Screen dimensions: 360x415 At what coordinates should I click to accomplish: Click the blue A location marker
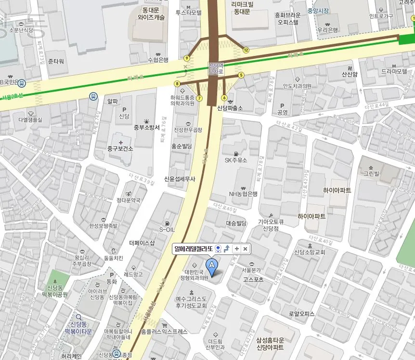pos(211,265)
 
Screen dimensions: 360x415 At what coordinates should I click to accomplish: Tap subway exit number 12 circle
pos(246,50)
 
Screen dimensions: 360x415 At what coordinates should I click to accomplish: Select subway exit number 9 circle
pos(186,58)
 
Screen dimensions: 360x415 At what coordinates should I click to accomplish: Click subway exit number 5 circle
pos(241,75)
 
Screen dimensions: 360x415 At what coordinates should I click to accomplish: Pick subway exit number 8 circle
pos(177,84)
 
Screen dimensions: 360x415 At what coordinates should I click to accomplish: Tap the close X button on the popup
pos(245,249)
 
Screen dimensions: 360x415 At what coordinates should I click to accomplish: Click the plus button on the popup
pos(236,249)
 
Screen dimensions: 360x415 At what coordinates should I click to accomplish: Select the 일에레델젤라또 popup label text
pos(194,249)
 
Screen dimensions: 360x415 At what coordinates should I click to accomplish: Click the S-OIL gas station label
pos(167,229)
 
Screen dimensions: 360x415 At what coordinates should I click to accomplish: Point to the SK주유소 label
pos(236,160)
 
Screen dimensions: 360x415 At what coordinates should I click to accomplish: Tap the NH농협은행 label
pos(243,194)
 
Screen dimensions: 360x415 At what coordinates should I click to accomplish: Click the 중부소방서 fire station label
pos(146,128)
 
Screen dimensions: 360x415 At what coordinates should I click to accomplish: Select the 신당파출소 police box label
pos(230,108)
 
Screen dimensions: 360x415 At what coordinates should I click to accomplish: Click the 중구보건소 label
pos(120,149)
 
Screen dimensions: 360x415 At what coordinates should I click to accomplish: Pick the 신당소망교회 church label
pos(310,252)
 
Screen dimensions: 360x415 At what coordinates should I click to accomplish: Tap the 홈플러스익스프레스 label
pos(164,332)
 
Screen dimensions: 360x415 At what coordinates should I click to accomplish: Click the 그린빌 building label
pos(371,173)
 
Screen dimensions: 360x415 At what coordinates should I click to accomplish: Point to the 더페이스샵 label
pos(142,243)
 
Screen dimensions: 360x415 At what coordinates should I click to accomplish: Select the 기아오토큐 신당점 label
pos(271,225)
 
